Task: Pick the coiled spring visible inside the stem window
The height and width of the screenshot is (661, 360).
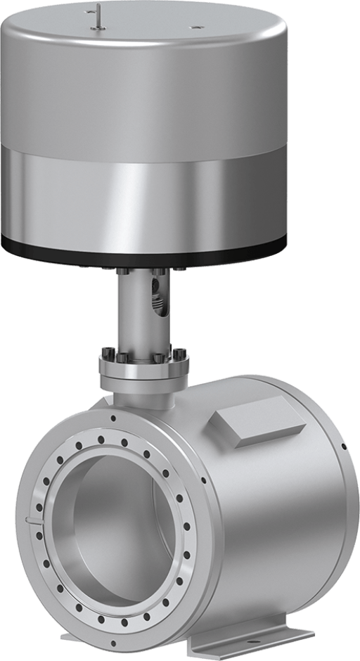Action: coord(160,303)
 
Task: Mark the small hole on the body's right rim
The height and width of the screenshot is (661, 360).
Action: coord(344,446)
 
